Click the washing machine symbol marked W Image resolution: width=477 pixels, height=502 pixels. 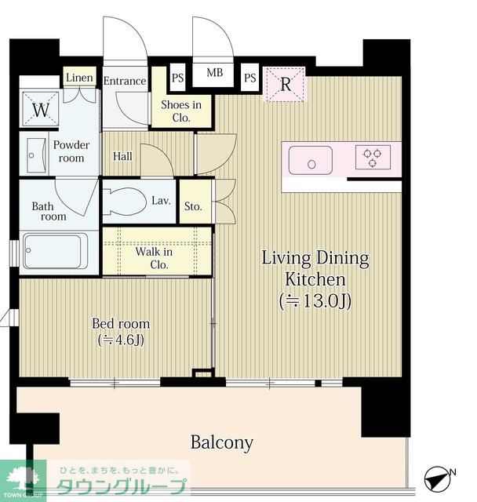tap(41, 109)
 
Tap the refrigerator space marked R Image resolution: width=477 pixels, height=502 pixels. tap(285, 85)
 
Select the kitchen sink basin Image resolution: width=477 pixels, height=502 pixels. tap(310, 160)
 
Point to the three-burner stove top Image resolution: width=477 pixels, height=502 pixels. tap(373, 157)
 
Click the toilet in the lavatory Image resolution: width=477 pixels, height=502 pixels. tap(125, 202)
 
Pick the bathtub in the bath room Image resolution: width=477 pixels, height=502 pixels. tap(55, 251)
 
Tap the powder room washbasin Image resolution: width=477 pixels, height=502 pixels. tap(35, 155)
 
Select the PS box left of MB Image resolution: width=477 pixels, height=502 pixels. tap(177, 78)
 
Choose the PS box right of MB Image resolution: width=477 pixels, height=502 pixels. tap(249, 78)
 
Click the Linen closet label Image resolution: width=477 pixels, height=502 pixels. tap(79, 78)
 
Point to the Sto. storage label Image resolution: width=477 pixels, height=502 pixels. tap(193, 206)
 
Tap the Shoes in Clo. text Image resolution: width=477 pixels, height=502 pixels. tap(181, 111)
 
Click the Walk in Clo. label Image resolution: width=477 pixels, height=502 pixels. tap(155, 258)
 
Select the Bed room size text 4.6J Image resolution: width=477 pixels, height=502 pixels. tap(121, 340)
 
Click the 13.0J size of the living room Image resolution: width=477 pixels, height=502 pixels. tap(315, 301)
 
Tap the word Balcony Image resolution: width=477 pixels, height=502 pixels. tap(221, 443)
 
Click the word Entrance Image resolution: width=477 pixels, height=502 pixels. tap(125, 81)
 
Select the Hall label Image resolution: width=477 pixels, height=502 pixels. tap(122, 156)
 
